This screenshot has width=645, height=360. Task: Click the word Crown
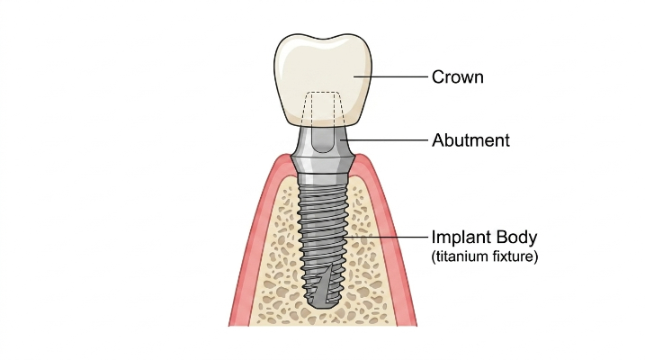457,77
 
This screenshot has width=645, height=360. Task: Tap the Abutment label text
470,140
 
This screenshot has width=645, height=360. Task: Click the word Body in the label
516,238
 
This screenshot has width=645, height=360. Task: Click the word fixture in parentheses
515,256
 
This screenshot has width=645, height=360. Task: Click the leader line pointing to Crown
390,76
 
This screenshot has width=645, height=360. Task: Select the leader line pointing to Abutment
384,139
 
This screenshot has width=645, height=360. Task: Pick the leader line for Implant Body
387,237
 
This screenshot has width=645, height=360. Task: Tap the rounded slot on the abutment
322,139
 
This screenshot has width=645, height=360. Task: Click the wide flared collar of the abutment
323,163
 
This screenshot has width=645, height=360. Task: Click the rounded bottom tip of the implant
323,303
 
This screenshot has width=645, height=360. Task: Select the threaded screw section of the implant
323,243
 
